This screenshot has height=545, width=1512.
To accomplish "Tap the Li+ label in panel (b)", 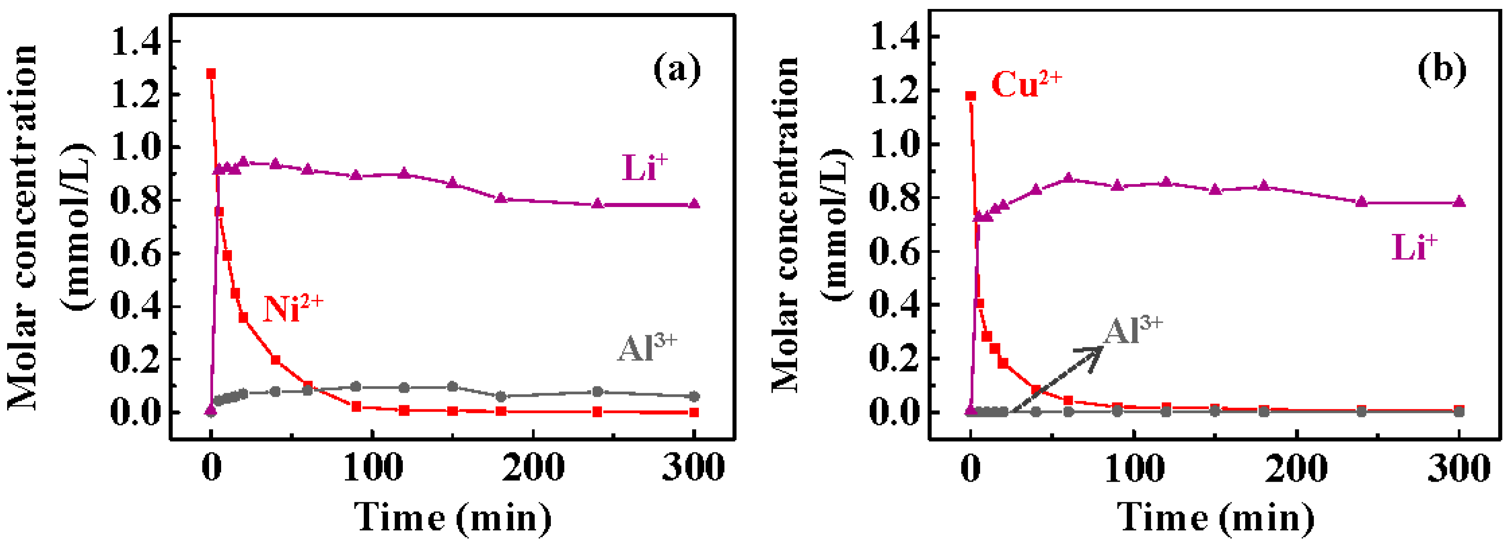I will coord(1414,246).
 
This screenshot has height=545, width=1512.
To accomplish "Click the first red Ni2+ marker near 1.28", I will coord(211,74).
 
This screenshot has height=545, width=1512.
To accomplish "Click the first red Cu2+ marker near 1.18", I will coord(971,96).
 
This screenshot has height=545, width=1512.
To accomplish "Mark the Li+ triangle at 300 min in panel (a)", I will coord(694,204).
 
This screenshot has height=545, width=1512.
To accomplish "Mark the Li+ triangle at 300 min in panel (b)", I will coord(1459,202).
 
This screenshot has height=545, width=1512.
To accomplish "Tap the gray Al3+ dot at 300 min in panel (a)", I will coord(694,396).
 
